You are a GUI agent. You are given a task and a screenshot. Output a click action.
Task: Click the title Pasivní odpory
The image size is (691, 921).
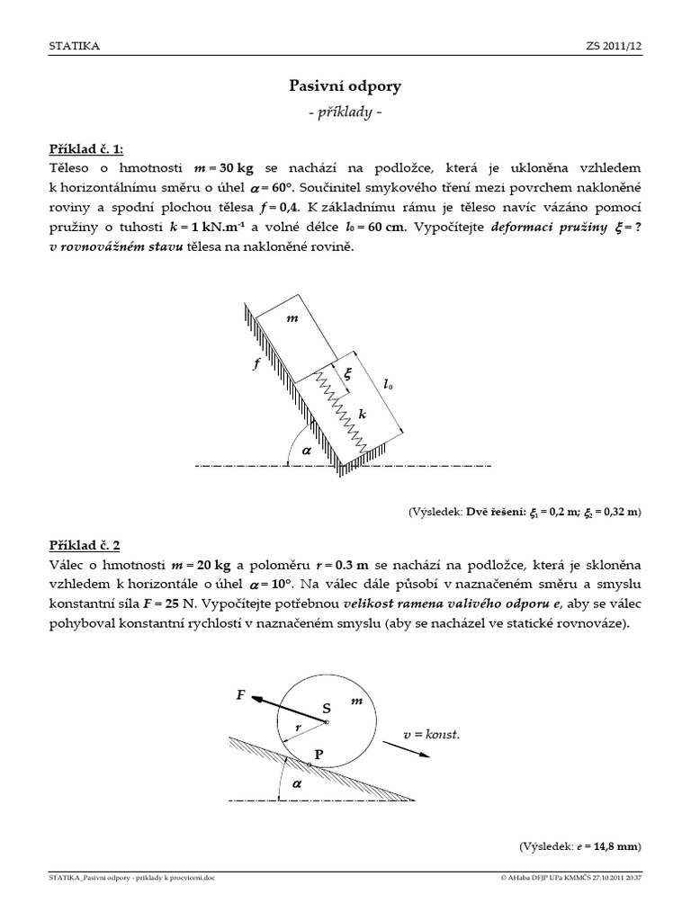click(x=345, y=86)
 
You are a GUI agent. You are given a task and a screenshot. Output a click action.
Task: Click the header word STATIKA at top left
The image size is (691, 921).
click(x=75, y=45)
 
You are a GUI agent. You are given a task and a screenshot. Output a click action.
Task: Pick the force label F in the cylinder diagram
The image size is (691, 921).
click(x=240, y=694)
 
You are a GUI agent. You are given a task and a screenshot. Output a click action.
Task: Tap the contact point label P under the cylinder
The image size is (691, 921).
click(x=318, y=754)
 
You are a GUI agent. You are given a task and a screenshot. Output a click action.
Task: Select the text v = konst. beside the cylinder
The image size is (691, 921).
click(x=431, y=735)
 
